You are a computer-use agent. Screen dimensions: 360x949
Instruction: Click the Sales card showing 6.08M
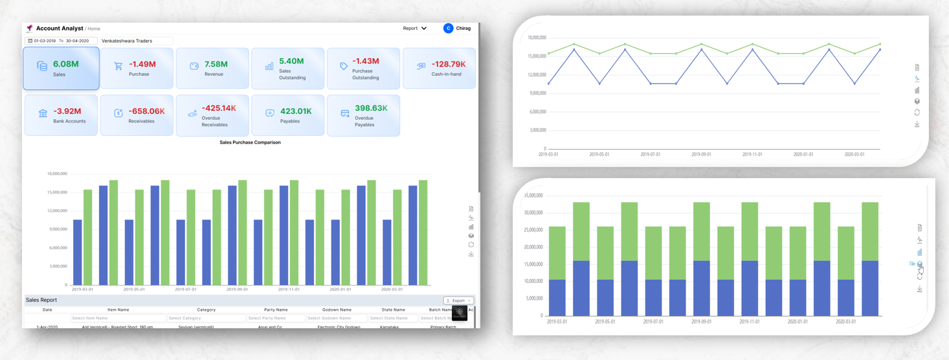[x=61, y=68]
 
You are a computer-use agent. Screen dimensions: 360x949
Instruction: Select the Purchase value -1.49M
[x=142, y=64]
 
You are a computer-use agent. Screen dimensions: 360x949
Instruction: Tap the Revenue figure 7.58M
[x=216, y=64]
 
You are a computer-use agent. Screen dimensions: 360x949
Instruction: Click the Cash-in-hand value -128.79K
[x=449, y=64]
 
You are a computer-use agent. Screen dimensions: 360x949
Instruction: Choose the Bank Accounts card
[x=61, y=115]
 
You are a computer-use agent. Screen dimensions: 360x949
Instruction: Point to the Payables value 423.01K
[x=296, y=111]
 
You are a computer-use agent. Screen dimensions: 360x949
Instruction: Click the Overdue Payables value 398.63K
[x=370, y=108]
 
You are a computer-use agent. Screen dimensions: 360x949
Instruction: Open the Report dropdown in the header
[x=414, y=28]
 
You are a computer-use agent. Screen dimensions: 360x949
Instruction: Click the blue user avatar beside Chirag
[x=448, y=28]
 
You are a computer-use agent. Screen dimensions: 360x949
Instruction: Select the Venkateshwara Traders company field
[x=136, y=41]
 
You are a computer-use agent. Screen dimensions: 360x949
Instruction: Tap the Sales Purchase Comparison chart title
[x=250, y=142]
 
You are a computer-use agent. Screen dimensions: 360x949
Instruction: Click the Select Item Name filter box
[x=118, y=318]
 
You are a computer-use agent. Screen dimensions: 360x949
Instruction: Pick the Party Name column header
[x=276, y=309]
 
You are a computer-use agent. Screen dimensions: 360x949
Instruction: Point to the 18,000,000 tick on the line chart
[x=537, y=38]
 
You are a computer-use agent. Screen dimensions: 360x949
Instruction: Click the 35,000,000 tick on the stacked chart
[x=533, y=195]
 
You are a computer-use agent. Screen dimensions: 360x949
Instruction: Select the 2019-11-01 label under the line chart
[x=752, y=155]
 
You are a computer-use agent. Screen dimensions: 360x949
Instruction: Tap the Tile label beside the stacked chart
[x=911, y=264]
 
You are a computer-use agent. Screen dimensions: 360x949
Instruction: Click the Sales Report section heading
[x=41, y=300]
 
